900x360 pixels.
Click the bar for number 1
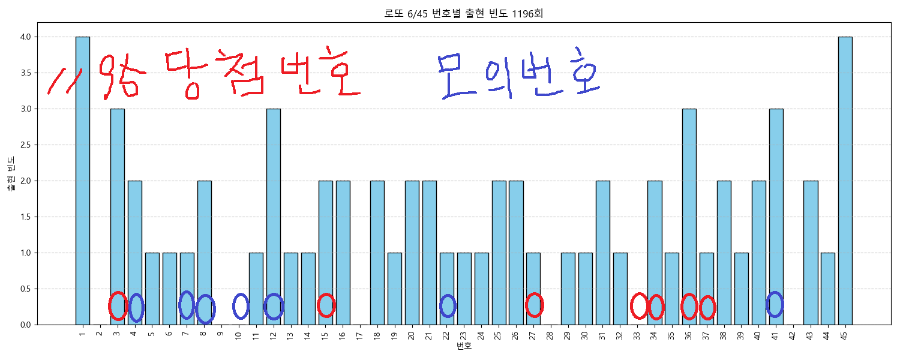83,180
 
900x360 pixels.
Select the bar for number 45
845,180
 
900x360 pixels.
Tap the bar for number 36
689,216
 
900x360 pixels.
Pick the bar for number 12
273,216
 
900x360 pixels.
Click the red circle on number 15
326,305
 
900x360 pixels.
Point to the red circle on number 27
534,305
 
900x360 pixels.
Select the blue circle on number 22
448,306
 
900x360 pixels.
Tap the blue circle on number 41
775,304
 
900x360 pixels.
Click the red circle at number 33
639,306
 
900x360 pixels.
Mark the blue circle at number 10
241,306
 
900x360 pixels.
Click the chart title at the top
463,13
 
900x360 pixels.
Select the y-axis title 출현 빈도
10,173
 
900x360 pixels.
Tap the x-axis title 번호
464,347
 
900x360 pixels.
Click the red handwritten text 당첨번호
263,73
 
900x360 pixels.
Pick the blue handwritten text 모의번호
519,75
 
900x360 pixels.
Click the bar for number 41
776,216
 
